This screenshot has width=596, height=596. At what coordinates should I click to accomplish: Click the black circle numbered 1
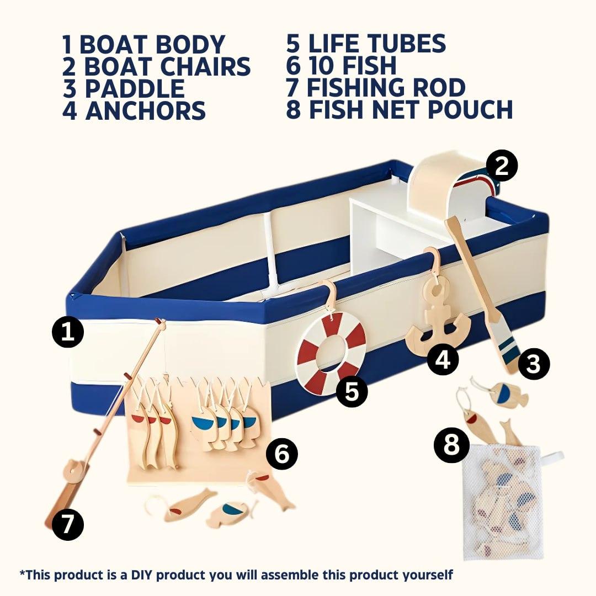point(68,332)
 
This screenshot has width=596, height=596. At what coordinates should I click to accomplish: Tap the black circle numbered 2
point(502,166)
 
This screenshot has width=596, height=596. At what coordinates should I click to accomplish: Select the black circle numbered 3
point(534,363)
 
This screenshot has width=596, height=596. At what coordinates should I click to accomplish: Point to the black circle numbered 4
point(443,359)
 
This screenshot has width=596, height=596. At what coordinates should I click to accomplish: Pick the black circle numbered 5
point(352,391)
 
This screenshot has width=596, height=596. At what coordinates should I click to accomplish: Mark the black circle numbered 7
point(68,525)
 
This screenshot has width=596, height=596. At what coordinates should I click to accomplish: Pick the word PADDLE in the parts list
point(135,88)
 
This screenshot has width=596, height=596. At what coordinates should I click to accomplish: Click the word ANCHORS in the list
point(146,110)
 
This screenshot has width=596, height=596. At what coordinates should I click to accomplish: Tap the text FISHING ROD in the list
point(386,87)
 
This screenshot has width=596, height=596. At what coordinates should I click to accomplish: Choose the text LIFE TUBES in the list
point(377,43)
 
